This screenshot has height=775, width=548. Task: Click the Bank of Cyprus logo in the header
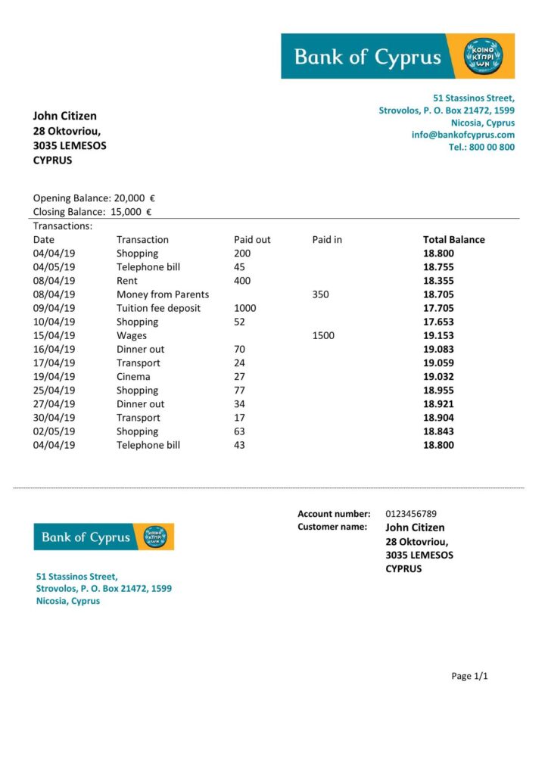coord(397,56)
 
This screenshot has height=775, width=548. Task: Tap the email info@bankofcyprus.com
coord(462,135)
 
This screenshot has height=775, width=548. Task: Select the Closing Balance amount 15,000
coord(126,212)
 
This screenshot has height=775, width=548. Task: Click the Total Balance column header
coord(453,240)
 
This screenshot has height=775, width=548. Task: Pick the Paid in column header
coord(327,240)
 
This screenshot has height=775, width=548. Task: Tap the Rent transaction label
coord(127,281)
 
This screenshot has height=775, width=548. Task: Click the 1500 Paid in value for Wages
coord(322,335)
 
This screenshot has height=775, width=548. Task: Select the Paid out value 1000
coord(245,308)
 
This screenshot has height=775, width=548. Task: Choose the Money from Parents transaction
coord(163,294)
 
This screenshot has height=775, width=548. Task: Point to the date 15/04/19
coord(54,335)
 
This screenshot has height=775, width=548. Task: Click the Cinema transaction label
coord(133,377)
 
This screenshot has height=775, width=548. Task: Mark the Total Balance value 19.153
coord(438,335)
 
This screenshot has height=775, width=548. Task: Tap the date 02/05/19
coord(54,431)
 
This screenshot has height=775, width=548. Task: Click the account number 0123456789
coord(411,514)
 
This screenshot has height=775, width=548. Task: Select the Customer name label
coord(332,527)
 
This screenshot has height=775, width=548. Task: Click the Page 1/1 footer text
coord(469,676)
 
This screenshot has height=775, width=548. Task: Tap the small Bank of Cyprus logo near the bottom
coord(104,537)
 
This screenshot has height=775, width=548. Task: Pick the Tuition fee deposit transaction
coord(159,308)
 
